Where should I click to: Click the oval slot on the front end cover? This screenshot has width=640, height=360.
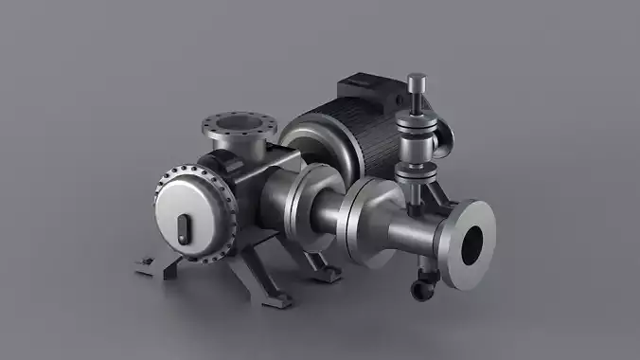click(183, 227)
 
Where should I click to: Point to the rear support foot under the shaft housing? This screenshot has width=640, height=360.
click(327, 271)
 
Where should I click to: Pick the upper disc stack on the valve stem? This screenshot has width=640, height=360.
click(417, 129)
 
